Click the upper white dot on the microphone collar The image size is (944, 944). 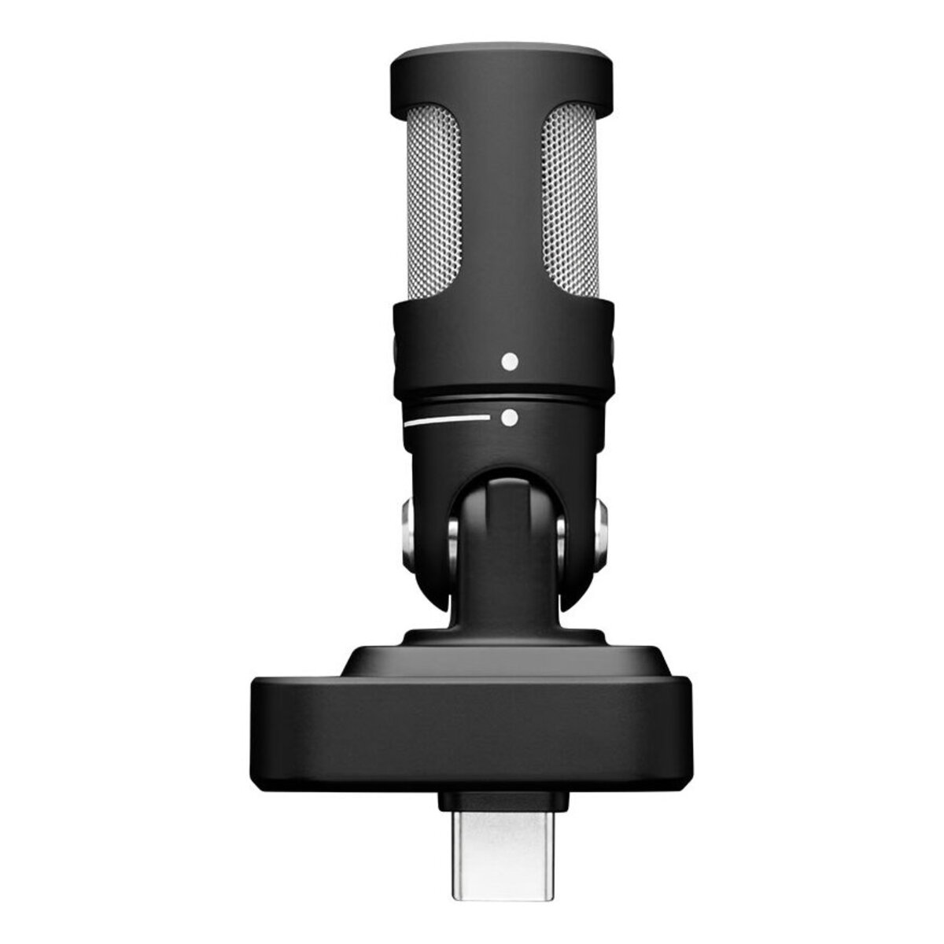tap(510, 362)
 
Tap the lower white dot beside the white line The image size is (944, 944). tap(510, 417)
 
